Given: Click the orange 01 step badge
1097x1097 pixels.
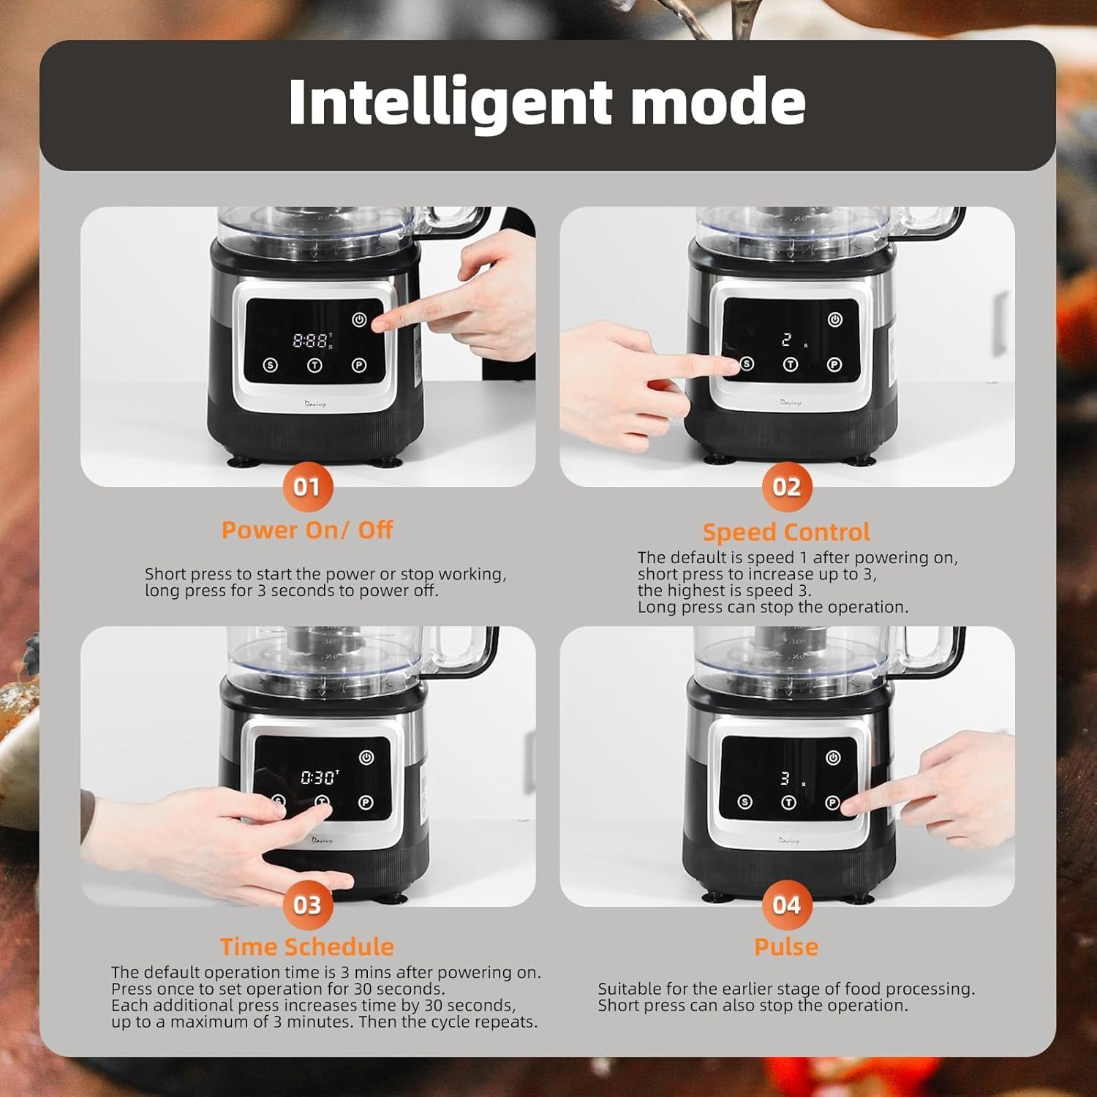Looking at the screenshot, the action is click(x=307, y=486).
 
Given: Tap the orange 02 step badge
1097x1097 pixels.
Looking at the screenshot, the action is click(x=787, y=486).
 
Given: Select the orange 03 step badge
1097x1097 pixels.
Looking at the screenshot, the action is click(x=307, y=905).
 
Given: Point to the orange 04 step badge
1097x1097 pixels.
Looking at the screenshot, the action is click(x=787, y=905).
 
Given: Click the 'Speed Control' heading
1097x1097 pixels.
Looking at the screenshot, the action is click(x=786, y=532).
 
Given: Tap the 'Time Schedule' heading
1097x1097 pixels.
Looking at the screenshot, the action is click(x=307, y=946).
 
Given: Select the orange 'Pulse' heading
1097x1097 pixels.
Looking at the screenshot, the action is click(x=786, y=946).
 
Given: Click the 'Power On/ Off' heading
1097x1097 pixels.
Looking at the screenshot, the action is click(x=307, y=529).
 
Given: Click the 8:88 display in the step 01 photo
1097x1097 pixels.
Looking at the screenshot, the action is click(x=310, y=340).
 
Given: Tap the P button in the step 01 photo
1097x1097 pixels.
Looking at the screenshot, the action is click(x=359, y=365).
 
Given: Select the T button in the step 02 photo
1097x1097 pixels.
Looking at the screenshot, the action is click(x=791, y=364).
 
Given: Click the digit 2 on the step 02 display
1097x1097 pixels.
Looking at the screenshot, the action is click(x=787, y=339).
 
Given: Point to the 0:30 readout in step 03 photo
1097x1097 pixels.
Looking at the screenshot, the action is click(x=319, y=777).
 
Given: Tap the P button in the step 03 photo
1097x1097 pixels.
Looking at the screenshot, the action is click(x=366, y=802).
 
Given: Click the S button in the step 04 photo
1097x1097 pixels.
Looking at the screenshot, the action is click(x=745, y=802).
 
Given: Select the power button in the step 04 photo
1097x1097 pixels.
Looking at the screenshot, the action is click(x=833, y=758).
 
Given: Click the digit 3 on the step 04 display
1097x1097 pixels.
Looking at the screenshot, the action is click(x=785, y=778).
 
